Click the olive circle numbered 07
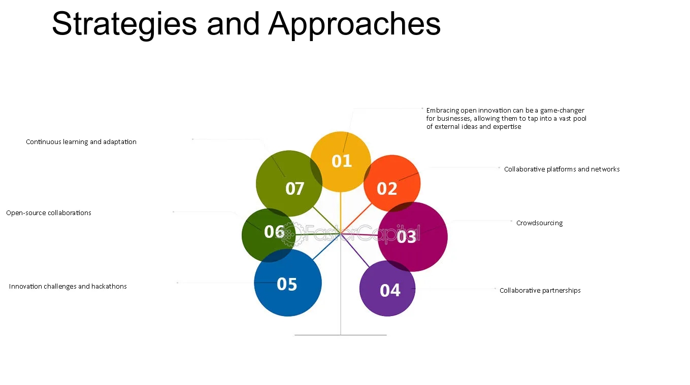pyautogui.click(x=289, y=183)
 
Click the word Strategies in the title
pyautogui.click(x=124, y=23)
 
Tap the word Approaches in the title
pyautogui.click(x=354, y=23)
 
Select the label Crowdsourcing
pyautogui.click(x=539, y=223)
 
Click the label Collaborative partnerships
pyautogui.click(x=540, y=290)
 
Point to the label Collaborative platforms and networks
pyautogui.click(x=562, y=169)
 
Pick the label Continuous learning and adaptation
pyautogui.click(x=81, y=142)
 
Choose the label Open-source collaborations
pyautogui.click(x=49, y=213)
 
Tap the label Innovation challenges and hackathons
pyautogui.click(x=68, y=286)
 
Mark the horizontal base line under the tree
pyautogui.click(x=341, y=335)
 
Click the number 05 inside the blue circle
pyautogui.click(x=287, y=284)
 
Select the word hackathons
pyautogui.click(x=109, y=286)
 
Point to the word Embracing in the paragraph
pyautogui.click(x=442, y=110)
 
